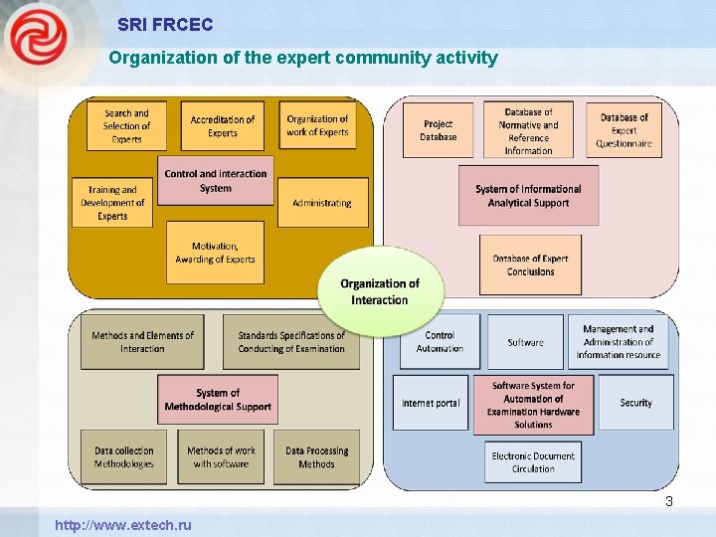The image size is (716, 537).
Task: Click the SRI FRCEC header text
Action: [164, 24]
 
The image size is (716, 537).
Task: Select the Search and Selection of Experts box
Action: [126, 126]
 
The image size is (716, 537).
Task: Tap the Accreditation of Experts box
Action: [222, 126]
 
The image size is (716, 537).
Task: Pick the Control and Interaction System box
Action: [215, 180]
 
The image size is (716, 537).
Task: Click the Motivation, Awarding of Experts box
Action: [215, 253]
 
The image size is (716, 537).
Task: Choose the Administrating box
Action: [322, 203]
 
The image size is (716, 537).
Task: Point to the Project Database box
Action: [438, 130]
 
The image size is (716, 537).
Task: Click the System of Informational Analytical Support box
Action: [528, 196]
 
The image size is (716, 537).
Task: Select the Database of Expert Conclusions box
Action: [530, 265]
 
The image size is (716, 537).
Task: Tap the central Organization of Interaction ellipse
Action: [380, 291]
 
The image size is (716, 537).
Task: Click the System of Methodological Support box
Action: [217, 400]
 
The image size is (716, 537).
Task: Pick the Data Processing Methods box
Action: [316, 457]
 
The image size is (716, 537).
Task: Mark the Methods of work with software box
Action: [221, 457]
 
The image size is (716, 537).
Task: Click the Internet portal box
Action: [431, 403]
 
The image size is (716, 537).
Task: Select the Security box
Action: [635, 403]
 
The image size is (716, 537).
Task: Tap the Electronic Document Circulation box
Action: [533, 462]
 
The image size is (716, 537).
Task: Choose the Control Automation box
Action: [440, 342]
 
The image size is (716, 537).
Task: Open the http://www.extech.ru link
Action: [123, 525]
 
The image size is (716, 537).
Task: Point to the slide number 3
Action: [669, 502]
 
